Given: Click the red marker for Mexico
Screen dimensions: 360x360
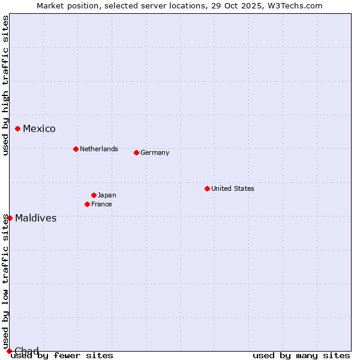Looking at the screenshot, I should pyautogui.click(x=18, y=128).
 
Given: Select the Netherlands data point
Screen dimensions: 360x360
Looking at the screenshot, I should pyautogui.click(x=76, y=149).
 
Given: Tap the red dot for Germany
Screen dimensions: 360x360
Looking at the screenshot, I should pyautogui.click(x=136, y=152).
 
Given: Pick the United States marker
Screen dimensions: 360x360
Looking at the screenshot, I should pyautogui.click(x=207, y=188).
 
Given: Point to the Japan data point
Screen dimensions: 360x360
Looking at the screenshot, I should pyautogui.click(x=94, y=195).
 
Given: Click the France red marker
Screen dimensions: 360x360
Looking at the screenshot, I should pyautogui.click(x=87, y=204).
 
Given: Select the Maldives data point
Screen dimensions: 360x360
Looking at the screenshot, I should pyautogui.click(x=10, y=218).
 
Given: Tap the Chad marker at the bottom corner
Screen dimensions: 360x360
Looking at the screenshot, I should pyautogui.click(x=9, y=351).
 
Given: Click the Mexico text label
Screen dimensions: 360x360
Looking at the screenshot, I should pyautogui.click(x=39, y=129).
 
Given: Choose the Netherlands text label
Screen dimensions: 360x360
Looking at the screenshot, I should pyautogui.click(x=99, y=149).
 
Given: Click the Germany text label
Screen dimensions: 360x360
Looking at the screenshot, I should pyautogui.click(x=155, y=152).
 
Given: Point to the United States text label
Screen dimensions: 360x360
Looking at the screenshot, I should pyautogui.click(x=233, y=188).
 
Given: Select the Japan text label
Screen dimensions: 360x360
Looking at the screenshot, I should pyautogui.click(x=107, y=195).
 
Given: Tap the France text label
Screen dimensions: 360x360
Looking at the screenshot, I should pyautogui.click(x=101, y=204).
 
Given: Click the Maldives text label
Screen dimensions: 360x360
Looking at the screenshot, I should pyautogui.click(x=36, y=218).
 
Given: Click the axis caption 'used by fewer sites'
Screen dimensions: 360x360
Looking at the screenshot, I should pyautogui.click(x=62, y=355).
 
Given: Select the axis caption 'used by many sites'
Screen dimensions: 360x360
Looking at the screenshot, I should pyautogui.click(x=301, y=355).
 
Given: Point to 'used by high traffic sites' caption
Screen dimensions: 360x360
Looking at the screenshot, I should pyautogui.click(x=5, y=85).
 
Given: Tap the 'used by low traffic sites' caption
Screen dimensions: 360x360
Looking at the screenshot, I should pyautogui.click(x=5, y=282).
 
